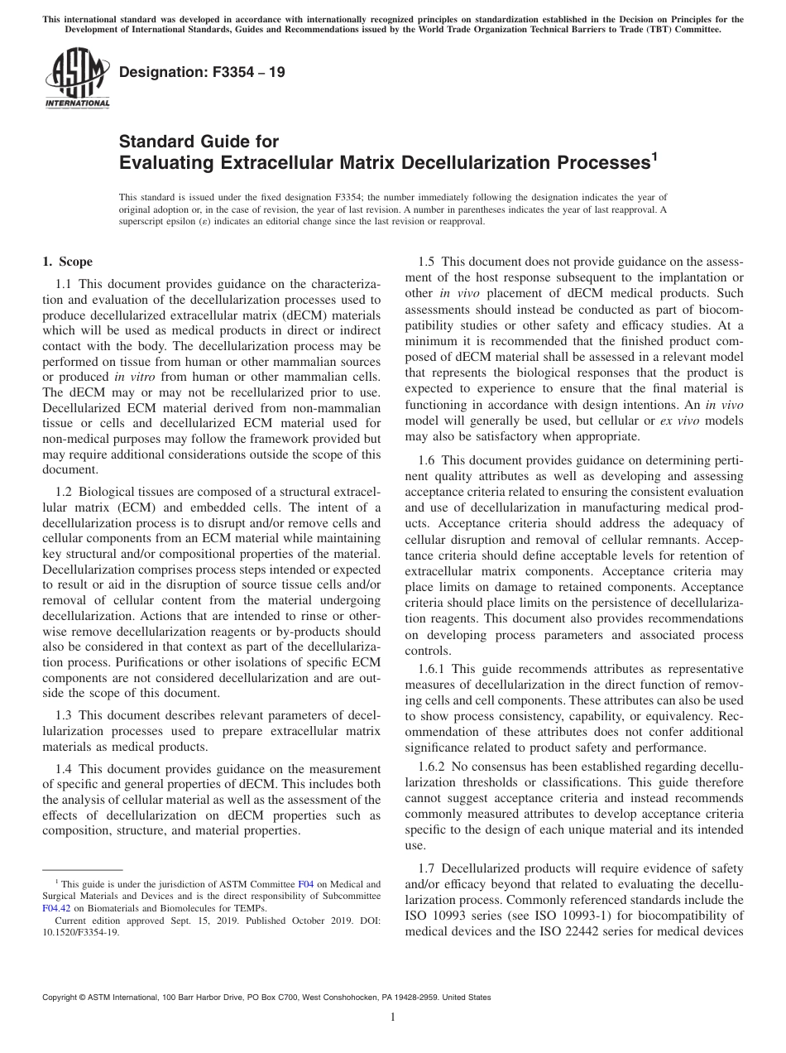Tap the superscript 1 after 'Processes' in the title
(x=654, y=156)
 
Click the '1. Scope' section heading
(x=68, y=262)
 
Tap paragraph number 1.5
(x=429, y=262)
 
